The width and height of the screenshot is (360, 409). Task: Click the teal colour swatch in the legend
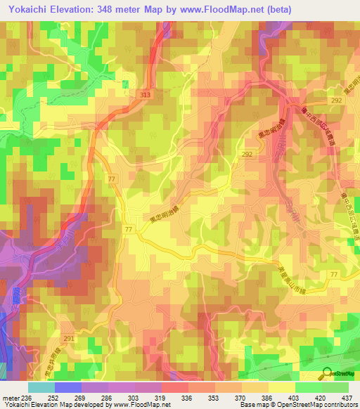(x=41, y=387)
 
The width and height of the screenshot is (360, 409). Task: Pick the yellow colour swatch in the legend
(x=281, y=387)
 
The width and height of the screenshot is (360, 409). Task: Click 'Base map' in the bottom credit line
(x=252, y=405)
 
